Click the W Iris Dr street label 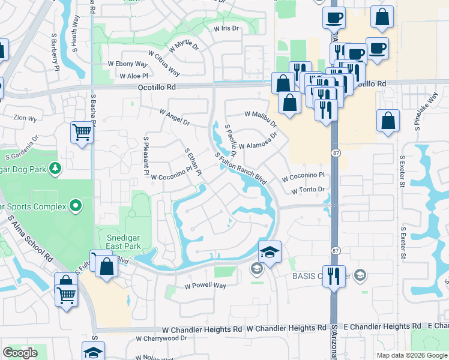pos(226,28)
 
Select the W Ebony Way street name pos(127,64)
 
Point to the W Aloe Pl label pos(133,76)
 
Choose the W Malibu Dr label pos(261,118)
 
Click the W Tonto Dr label pos(308,190)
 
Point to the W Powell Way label pos(205,286)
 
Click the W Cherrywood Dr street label pos(161,338)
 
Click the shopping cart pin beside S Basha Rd pos(82,131)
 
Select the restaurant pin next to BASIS pos(334,275)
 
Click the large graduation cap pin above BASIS pos(270,251)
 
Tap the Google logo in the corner pos(20,353)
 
